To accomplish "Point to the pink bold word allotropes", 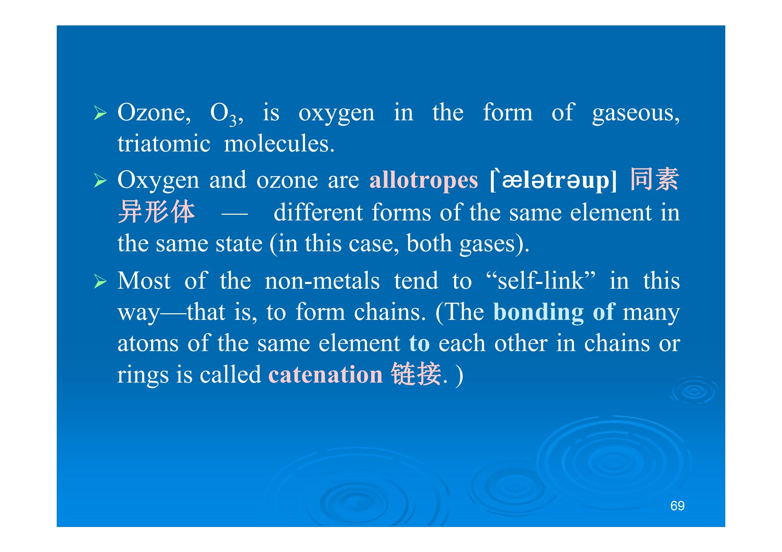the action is (424, 180).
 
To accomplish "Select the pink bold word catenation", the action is (326, 374).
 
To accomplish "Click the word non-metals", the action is (322, 281).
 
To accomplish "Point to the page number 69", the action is (677, 506).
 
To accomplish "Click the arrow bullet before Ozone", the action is (100, 113).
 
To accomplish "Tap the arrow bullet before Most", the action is (100, 282).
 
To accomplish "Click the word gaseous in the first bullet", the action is (636, 113).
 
